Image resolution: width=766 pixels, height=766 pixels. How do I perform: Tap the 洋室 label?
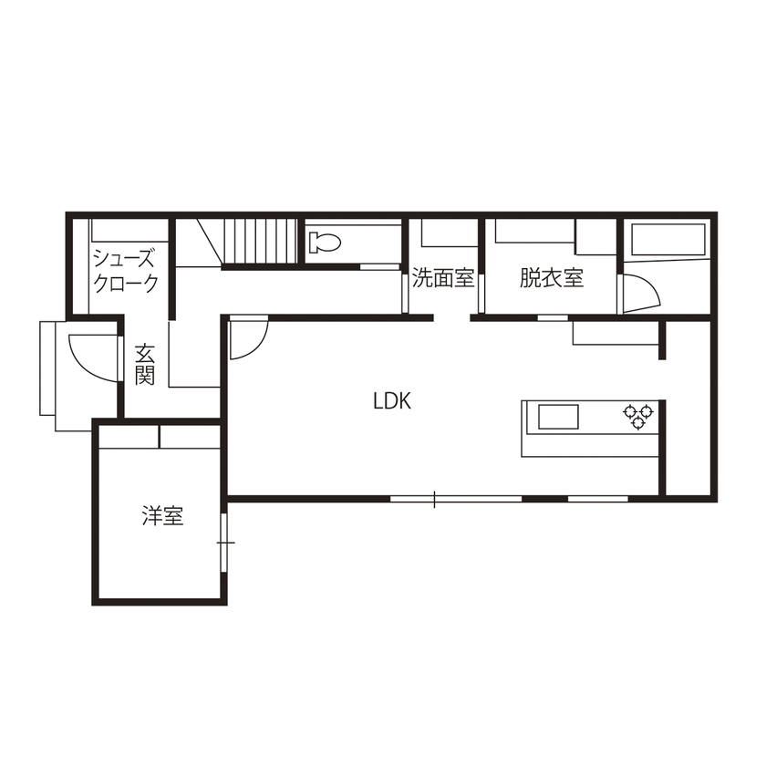coord(162,516)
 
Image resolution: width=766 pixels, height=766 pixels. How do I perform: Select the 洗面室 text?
coord(443,278)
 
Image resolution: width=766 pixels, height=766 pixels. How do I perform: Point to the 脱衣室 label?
coord(552,278)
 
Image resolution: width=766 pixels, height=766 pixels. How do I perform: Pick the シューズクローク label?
coord(125,271)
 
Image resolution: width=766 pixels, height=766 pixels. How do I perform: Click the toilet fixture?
coord(324,242)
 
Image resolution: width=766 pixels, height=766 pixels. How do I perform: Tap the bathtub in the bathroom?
coord(666,241)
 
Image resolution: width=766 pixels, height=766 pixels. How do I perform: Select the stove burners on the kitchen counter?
coord(638,416)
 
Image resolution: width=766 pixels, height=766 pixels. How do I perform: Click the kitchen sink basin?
coord(557,417)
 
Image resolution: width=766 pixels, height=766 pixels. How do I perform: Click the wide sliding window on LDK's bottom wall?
coord(455,499)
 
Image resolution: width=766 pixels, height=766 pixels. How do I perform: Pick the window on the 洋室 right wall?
coord(224,543)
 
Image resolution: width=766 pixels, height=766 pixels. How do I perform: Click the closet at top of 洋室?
coord(159,437)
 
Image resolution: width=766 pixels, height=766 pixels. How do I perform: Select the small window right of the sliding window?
coord(598,499)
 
